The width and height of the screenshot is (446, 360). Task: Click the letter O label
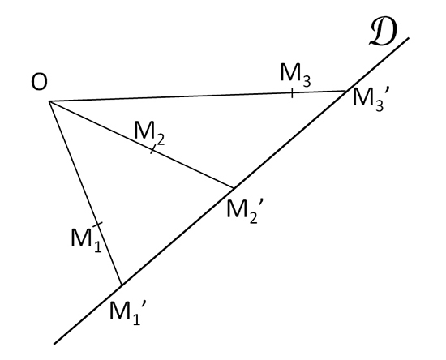(x=39, y=83)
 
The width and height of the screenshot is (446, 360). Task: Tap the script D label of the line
(x=383, y=32)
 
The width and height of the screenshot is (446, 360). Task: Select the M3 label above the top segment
(x=295, y=75)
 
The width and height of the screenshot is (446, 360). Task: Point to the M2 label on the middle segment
(x=148, y=133)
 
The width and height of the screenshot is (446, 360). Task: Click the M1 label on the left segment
(x=86, y=240)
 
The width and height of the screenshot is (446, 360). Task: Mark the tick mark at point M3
(x=292, y=93)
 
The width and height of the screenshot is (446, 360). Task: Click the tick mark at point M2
(x=152, y=149)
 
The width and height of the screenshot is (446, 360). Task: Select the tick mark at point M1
(x=97, y=225)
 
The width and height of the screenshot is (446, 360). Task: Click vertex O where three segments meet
(x=49, y=101)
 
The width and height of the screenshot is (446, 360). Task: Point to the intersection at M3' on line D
(x=346, y=91)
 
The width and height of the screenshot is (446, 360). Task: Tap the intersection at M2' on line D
(x=234, y=188)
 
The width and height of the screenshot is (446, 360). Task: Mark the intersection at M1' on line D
(x=122, y=285)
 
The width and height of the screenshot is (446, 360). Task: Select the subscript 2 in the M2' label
(x=253, y=217)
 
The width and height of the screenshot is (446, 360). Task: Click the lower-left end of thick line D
(x=54, y=344)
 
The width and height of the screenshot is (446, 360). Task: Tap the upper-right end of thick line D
(x=409, y=38)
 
